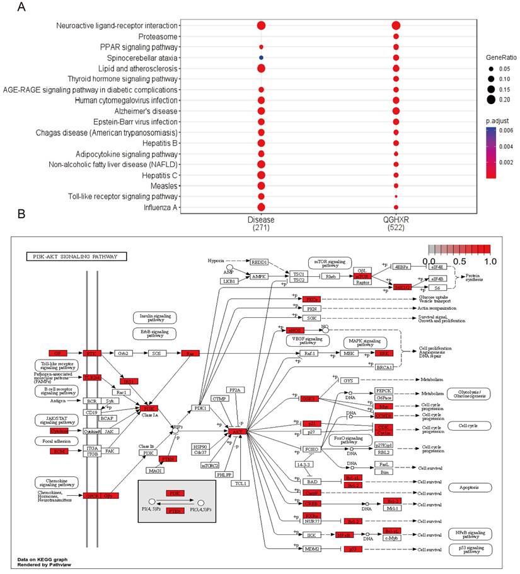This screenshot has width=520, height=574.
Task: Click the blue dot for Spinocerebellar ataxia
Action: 261,57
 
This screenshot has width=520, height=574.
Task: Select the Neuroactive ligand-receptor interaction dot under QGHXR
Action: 395,25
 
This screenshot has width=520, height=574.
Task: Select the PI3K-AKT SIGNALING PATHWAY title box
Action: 76,257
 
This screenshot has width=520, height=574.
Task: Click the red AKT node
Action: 238,431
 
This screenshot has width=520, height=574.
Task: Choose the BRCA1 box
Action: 384,367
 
